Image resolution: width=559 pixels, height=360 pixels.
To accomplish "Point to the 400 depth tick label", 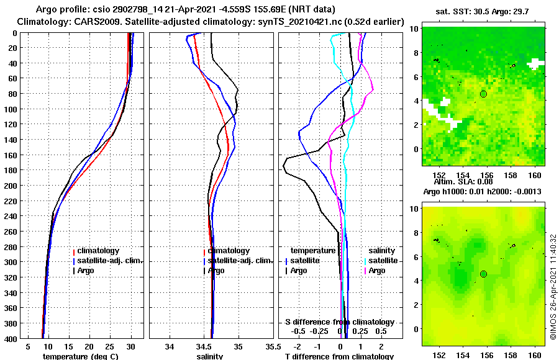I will pos(12,338).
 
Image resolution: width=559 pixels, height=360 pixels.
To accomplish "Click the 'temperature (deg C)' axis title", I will pos(80,356).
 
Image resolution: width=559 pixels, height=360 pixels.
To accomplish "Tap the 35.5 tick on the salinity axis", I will pos(270,346).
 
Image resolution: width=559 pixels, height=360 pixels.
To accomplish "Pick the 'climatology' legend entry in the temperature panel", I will pos(96,251).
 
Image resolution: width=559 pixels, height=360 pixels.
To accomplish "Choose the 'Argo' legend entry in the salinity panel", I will pos(217,271).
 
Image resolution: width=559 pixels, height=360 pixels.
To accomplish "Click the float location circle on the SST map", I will pos(483,94).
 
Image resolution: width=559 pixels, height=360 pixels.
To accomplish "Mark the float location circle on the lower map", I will pos(483,274).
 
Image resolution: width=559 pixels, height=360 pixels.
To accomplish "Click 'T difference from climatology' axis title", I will pos(339,356).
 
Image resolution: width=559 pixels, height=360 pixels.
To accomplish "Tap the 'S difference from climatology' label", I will pos(339,322).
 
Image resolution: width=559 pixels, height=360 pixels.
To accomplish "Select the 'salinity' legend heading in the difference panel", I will pos(382,251).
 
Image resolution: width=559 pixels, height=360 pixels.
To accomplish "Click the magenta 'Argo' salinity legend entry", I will pos(376,271).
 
